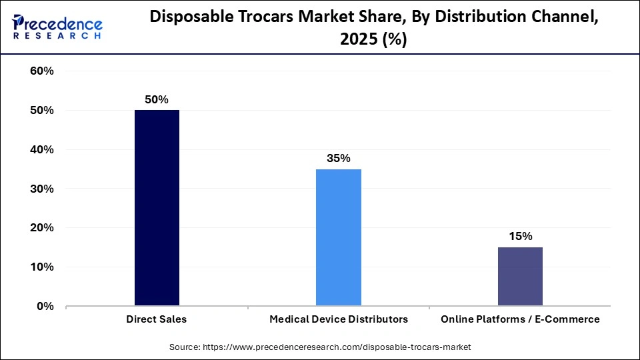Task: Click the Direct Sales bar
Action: click(x=157, y=208)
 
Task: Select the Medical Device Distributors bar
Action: click(x=339, y=237)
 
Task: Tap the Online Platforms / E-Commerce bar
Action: click(x=520, y=277)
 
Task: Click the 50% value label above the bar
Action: click(x=157, y=99)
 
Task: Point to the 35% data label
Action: click(x=339, y=159)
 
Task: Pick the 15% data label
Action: click(x=520, y=237)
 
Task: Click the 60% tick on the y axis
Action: click(x=42, y=71)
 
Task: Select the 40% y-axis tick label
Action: click(x=42, y=150)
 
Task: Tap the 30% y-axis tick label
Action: click(x=42, y=189)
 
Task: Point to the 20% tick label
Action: click(x=42, y=228)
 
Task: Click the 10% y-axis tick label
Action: click(x=42, y=267)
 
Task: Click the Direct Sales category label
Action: click(x=157, y=319)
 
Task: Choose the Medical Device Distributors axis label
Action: click(x=339, y=319)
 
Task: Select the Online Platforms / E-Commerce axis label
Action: click(x=520, y=319)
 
